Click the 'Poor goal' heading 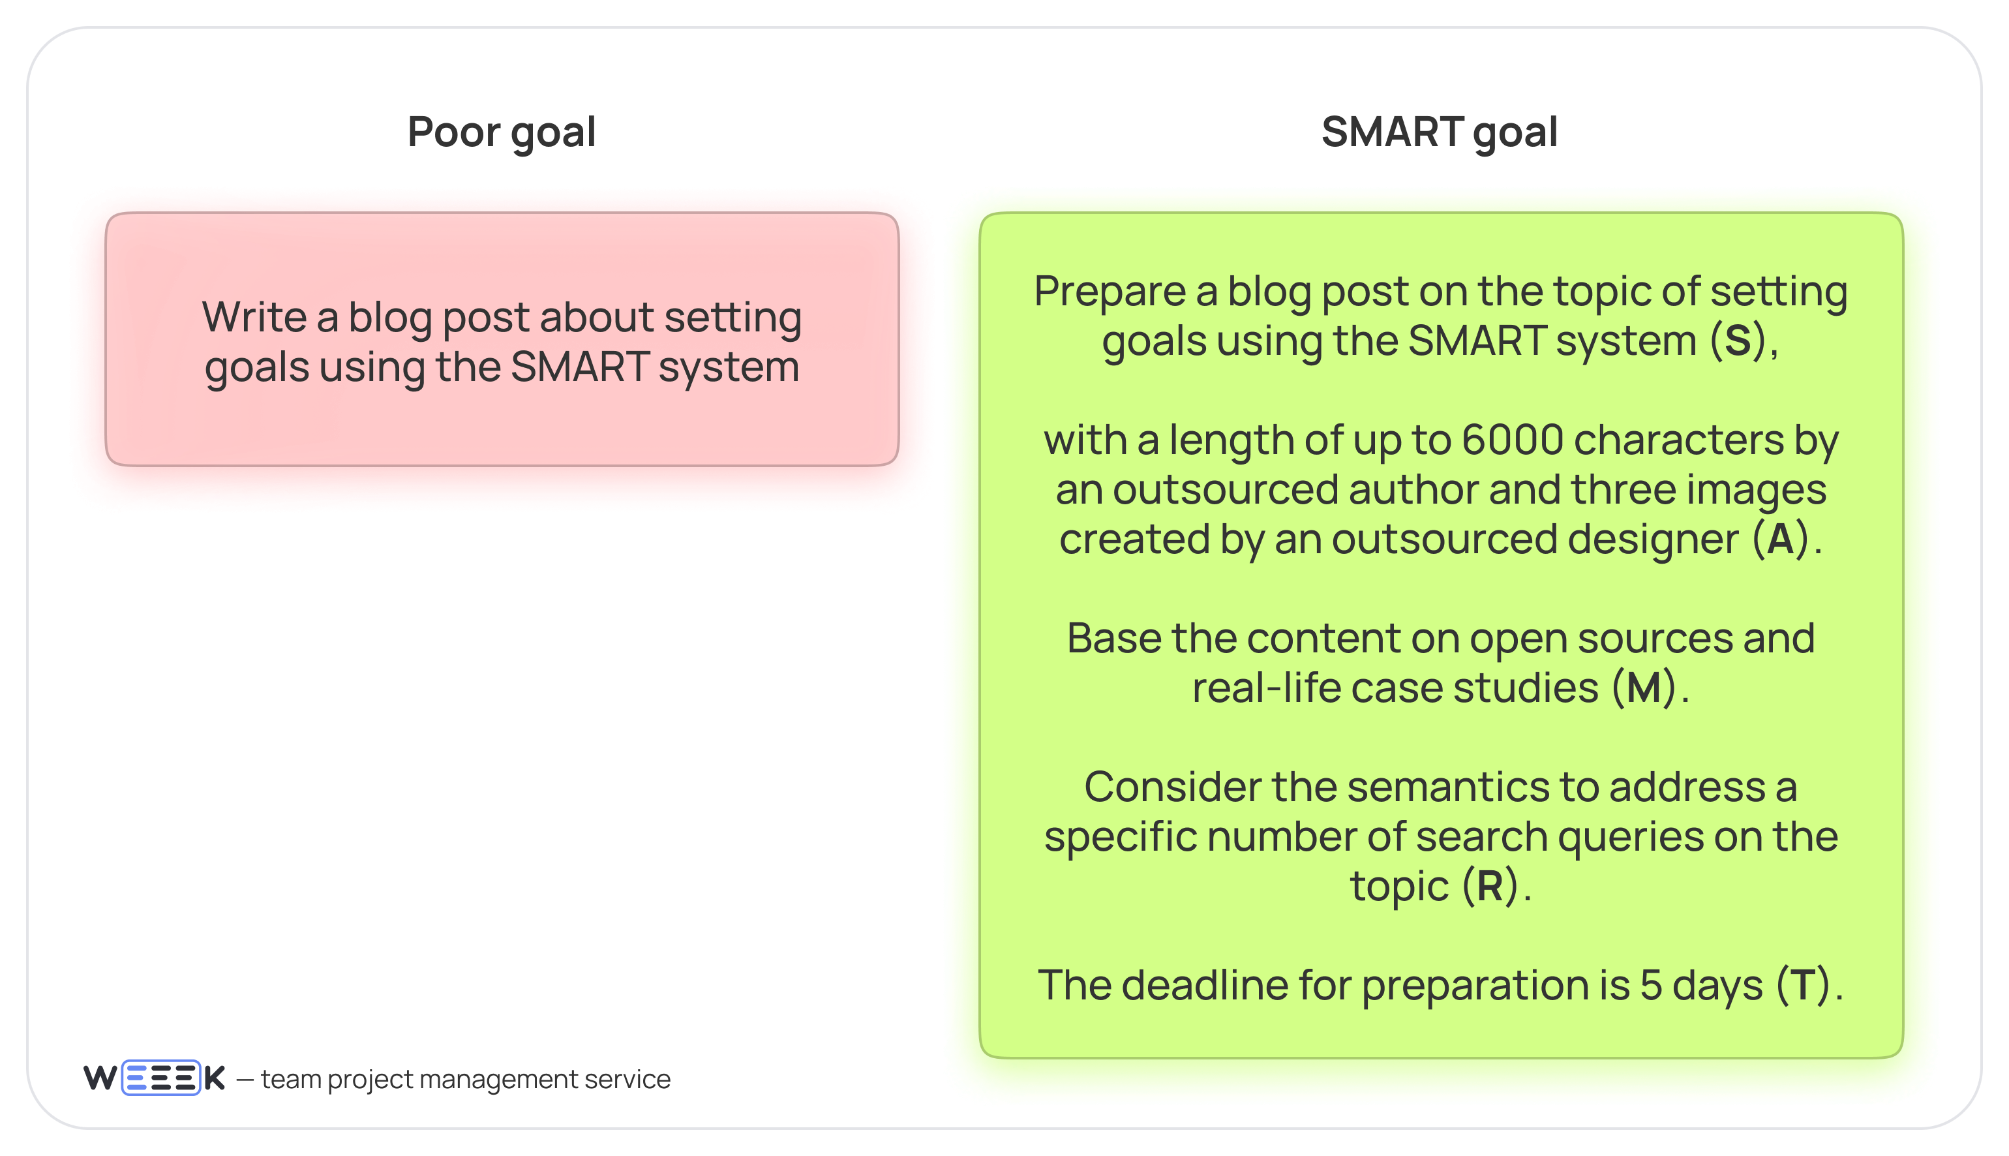501,132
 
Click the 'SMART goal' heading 1439,132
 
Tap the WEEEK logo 154,1078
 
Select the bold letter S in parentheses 1738,341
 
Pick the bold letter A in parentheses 1781,539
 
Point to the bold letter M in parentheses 1644,688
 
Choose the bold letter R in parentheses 1490,886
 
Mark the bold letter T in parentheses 1802,985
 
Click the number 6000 1512,440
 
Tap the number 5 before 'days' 1651,985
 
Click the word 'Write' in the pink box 254,318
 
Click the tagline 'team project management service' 465,1079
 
